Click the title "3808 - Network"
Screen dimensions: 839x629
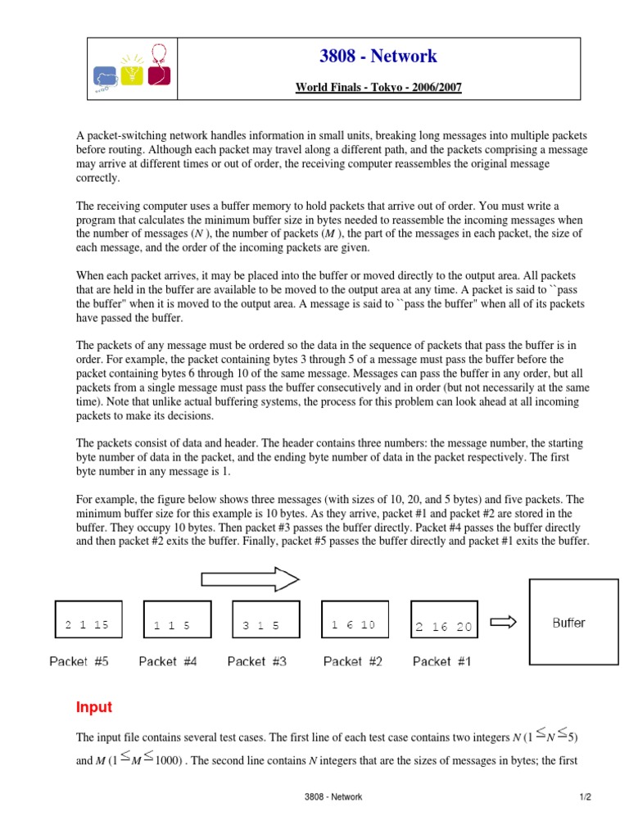pyautogui.click(x=378, y=57)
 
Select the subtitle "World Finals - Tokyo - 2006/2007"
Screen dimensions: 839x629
pyautogui.click(x=378, y=87)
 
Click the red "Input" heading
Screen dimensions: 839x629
pyautogui.click(x=94, y=707)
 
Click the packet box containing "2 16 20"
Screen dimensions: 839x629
pyautogui.click(x=443, y=624)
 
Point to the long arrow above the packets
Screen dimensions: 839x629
pyautogui.click(x=250, y=580)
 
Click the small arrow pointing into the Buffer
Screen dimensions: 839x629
pyautogui.click(x=502, y=622)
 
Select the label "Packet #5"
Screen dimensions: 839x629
pyautogui.click(x=79, y=661)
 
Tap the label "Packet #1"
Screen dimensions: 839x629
pyautogui.click(x=442, y=661)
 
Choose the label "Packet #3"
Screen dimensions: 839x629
pyautogui.click(x=257, y=661)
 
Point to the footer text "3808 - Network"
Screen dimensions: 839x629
pyautogui.click(x=333, y=796)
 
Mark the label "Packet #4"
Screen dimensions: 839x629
pyautogui.click(x=168, y=661)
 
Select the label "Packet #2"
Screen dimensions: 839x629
pyautogui.click(x=353, y=661)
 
